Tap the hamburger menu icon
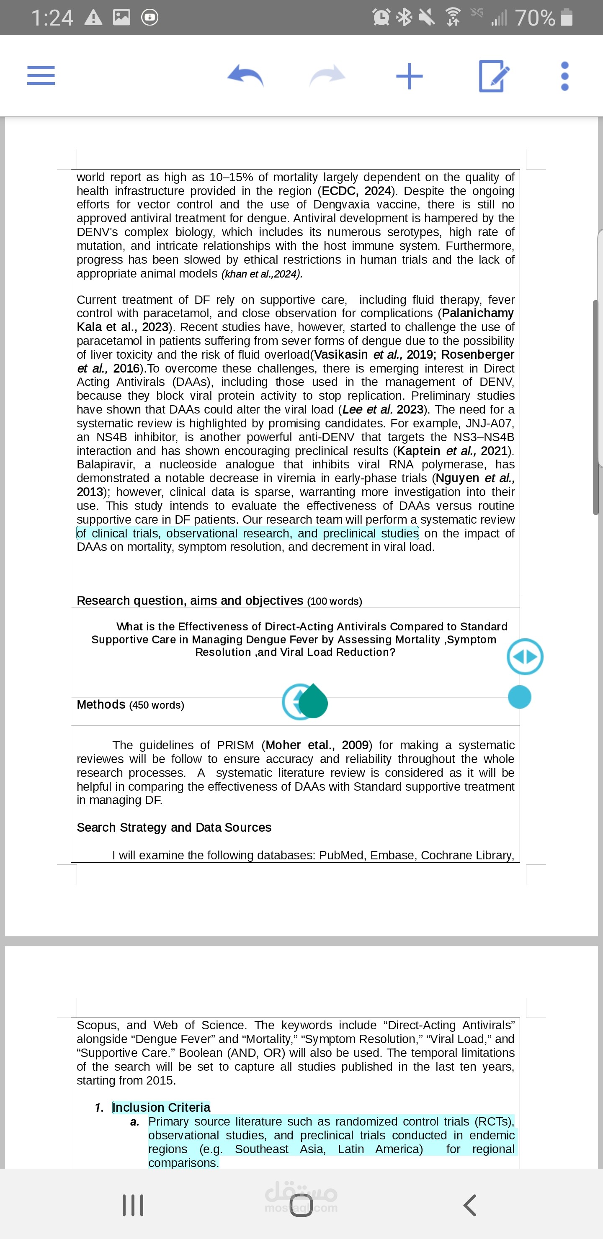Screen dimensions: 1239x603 point(41,75)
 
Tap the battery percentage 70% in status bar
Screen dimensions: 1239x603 point(535,18)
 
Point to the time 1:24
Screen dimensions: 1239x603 point(52,18)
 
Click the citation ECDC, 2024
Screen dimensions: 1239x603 point(356,191)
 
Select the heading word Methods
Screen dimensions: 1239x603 point(101,704)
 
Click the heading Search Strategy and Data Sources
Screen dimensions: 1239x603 point(174,827)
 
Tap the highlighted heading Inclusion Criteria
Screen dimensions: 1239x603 point(161,1107)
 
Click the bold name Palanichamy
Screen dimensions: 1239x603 point(478,313)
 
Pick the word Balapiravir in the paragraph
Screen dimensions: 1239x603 point(106,464)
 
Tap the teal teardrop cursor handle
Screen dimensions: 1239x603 point(313,701)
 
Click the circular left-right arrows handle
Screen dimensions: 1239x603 point(525,656)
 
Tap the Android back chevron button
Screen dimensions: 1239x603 point(470,1205)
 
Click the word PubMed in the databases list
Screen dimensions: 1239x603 point(341,855)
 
